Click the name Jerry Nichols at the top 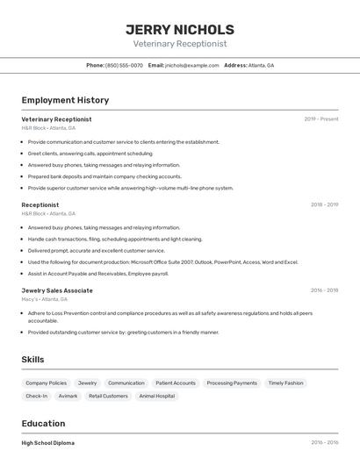tap(180, 29)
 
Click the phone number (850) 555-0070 tap(124, 65)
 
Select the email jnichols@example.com tap(191, 65)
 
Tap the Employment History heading tap(65, 100)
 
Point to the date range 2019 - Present tap(321, 119)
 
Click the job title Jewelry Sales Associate tap(57, 290)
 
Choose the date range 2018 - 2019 tap(324, 205)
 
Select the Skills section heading tap(32, 359)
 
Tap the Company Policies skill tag tap(46, 383)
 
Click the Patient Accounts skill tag tap(176, 383)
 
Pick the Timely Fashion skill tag tap(285, 383)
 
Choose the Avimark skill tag tap(68, 397)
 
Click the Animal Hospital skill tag tap(156, 397)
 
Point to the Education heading tap(43, 423)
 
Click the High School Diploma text tap(48, 443)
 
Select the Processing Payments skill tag tap(232, 383)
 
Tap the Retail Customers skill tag tap(108, 397)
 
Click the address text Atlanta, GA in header tap(261, 65)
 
